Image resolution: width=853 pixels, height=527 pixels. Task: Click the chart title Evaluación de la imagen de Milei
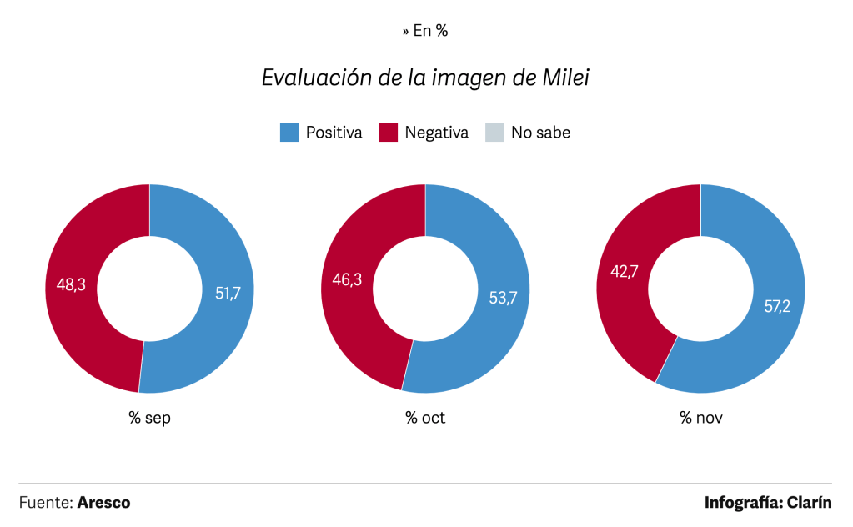point(426,78)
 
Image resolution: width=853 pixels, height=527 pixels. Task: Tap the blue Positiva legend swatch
point(289,132)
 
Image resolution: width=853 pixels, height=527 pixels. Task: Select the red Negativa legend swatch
point(389,132)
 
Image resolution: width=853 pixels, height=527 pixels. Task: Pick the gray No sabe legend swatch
point(494,132)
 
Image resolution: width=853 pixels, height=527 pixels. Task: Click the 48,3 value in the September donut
point(71,285)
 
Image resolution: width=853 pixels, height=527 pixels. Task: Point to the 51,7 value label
point(228,292)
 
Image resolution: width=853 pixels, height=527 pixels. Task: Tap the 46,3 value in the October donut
point(347,280)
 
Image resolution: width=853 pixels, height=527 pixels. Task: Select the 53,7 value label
point(504,298)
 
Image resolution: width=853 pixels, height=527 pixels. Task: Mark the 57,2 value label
point(779,305)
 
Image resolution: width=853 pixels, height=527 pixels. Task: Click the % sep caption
point(150,418)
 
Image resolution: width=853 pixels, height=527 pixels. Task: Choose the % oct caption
point(425,418)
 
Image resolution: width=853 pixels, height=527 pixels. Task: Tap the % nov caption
point(700,418)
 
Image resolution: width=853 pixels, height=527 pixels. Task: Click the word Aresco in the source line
point(103,503)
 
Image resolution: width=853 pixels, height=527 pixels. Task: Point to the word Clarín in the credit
point(808,503)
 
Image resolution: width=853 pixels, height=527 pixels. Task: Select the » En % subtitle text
point(425,31)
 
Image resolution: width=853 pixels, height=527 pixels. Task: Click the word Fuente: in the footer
point(45,503)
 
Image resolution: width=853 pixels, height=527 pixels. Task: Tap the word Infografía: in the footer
point(741,503)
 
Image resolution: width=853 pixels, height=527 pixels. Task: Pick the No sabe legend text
point(540,132)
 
